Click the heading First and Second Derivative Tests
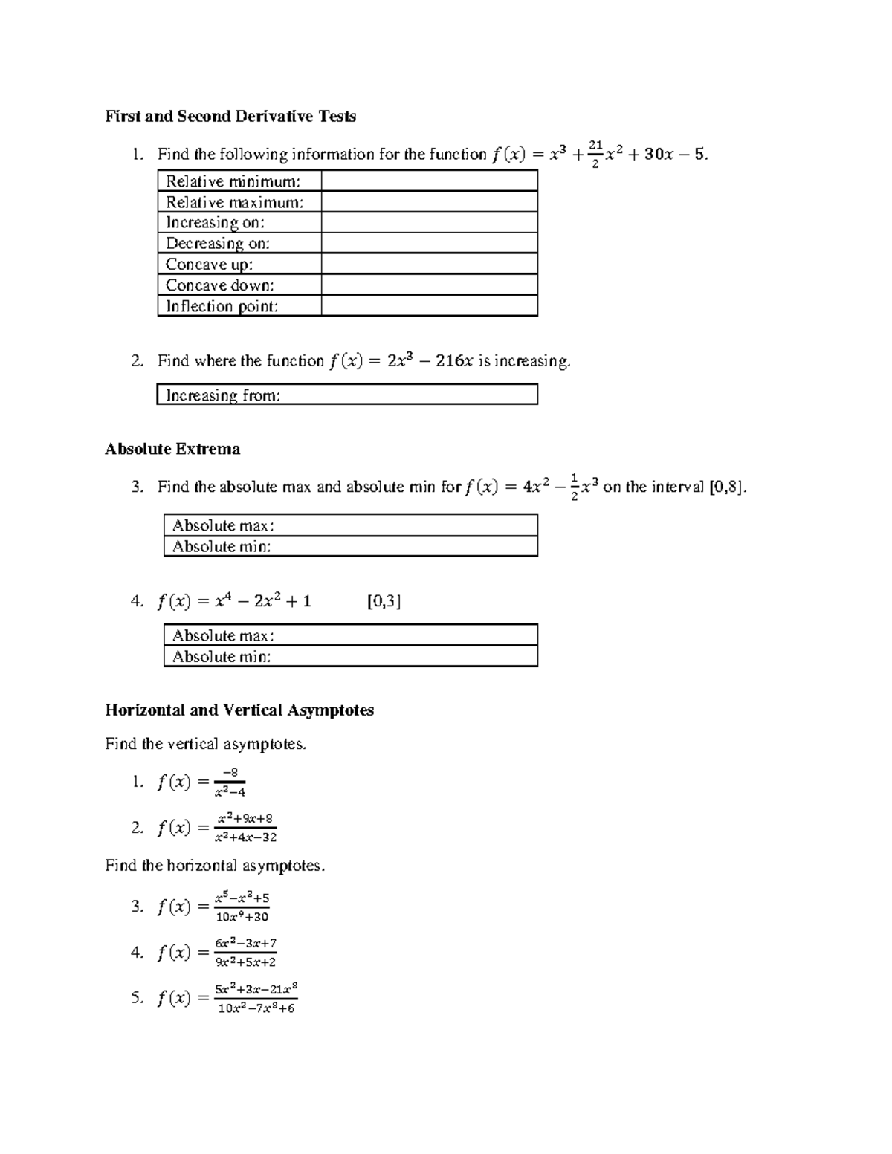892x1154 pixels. pos(230,116)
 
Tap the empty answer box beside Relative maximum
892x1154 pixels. pos(429,202)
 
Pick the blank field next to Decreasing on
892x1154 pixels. pos(429,244)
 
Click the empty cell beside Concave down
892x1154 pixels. pos(429,285)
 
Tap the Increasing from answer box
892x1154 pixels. pos(347,395)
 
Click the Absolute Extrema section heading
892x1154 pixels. pos(172,449)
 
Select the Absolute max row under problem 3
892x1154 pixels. pos(350,525)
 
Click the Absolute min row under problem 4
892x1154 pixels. pos(350,657)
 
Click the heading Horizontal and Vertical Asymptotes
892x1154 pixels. pos(239,710)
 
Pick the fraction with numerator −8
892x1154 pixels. pos(230,782)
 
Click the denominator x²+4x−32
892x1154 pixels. pos(245,837)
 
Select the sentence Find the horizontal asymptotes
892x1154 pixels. pos(215,866)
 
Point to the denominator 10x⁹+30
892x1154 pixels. pos(242,917)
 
